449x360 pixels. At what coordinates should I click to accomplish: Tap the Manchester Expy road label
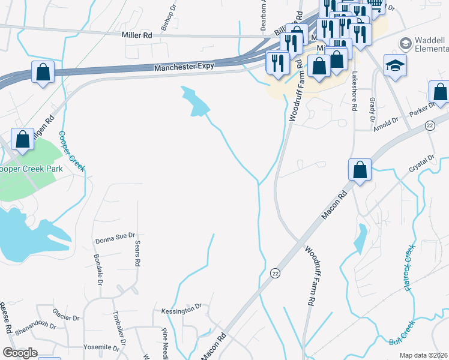(x=184, y=68)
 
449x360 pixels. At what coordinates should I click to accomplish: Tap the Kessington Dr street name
(x=181, y=310)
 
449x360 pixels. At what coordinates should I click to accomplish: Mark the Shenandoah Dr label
(x=35, y=327)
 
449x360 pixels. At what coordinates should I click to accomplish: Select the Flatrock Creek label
(x=410, y=268)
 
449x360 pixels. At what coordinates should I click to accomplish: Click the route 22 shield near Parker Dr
(x=430, y=125)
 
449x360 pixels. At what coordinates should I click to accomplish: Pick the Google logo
(x=20, y=353)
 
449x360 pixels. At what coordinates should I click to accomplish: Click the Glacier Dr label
(x=65, y=317)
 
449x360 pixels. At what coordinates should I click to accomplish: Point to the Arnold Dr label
(x=385, y=122)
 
